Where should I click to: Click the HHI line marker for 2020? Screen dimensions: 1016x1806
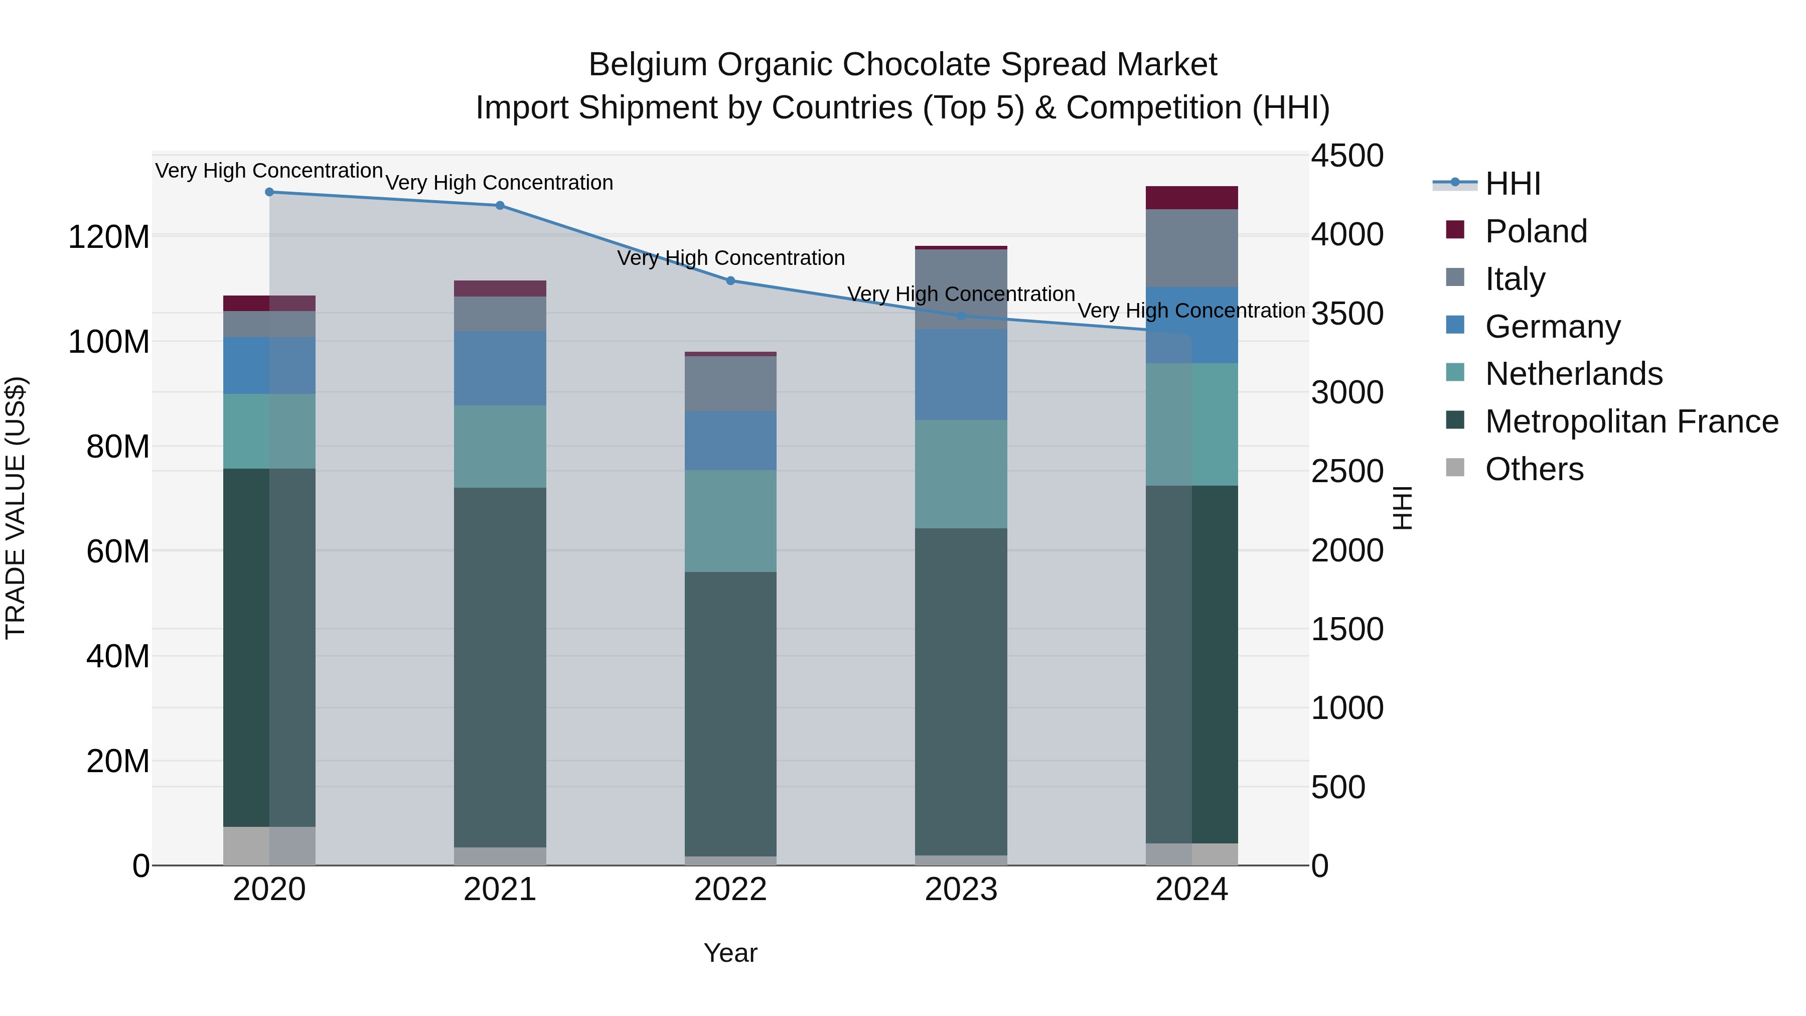point(269,192)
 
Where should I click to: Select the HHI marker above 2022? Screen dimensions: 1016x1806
point(730,280)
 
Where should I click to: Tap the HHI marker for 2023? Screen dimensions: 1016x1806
point(961,316)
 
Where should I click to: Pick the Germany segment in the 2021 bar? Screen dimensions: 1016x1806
point(500,368)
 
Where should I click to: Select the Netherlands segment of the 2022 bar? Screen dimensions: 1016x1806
point(730,520)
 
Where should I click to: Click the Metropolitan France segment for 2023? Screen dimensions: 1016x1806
point(961,691)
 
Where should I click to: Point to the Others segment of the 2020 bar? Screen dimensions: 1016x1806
point(269,845)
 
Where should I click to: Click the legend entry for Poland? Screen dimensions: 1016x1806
point(1536,231)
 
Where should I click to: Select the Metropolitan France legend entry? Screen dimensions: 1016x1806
point(1631,421)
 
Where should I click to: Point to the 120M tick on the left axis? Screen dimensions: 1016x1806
point(109,237)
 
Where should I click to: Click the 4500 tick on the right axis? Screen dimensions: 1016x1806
point(1347,156)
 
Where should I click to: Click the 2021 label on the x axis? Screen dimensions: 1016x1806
point(500,889)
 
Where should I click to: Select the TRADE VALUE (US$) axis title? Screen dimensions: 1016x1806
point(16,508)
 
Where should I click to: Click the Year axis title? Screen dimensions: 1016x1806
point(730,953)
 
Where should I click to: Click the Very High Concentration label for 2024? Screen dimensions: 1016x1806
point(1190,310)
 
